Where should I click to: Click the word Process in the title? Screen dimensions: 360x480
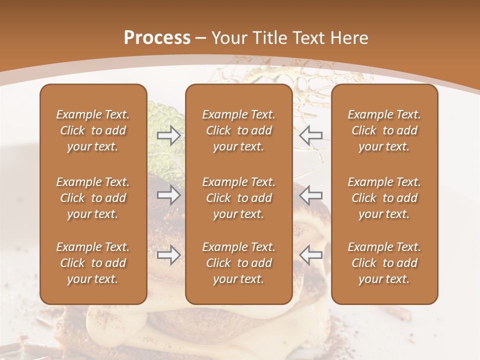[157, 38]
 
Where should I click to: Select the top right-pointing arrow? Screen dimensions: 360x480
[168, 135]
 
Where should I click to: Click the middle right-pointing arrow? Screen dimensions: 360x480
[168, 195]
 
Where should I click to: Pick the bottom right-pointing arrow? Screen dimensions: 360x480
[168, 255]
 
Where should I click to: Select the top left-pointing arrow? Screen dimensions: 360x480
[311, 135]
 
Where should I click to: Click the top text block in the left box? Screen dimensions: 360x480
[93, 130]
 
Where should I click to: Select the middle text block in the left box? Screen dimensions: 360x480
[93, 198]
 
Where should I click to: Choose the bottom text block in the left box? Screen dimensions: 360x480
[93, 263]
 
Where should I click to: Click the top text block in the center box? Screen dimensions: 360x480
[238, 130]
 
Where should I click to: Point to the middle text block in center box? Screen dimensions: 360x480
[238, 198]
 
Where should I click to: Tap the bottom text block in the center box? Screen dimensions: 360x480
[238, 263]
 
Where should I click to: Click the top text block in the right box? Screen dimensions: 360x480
[384, 130]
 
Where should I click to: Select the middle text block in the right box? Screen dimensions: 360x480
[384, 198]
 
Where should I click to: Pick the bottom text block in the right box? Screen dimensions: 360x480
[384, 263]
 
